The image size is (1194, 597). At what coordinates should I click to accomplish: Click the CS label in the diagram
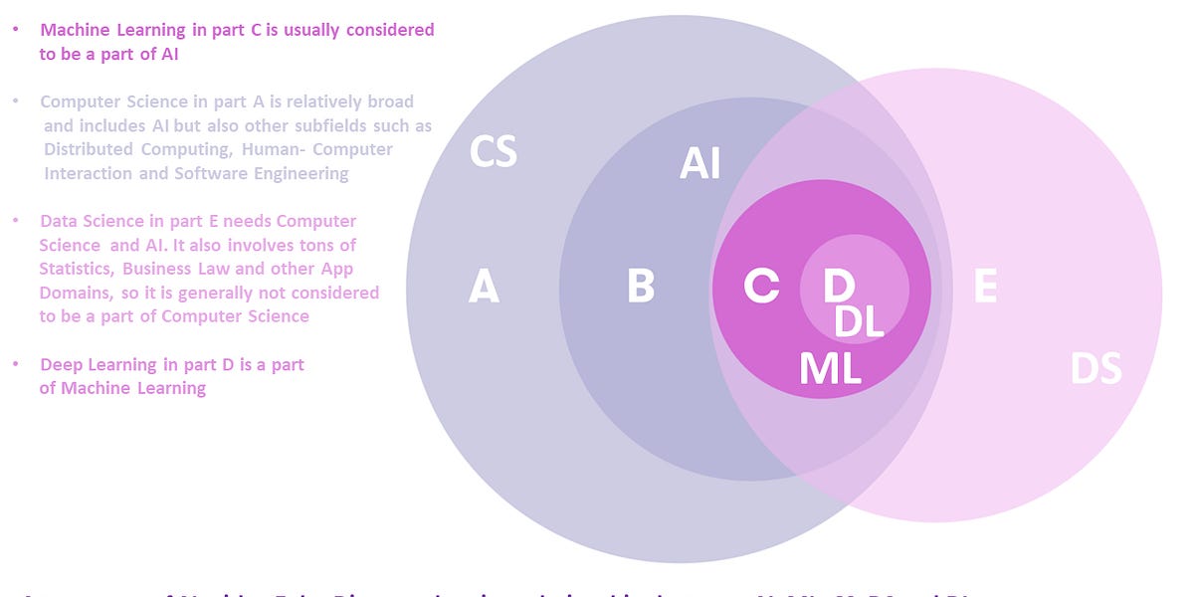tap(494, 153)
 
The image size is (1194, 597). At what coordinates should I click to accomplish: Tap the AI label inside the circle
tap(699, 164)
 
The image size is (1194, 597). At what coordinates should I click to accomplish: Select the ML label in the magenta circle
tap(830, 369)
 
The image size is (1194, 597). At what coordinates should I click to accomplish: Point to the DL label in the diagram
tap(859, 321)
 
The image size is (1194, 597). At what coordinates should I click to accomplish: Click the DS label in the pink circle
tap(1095, 369)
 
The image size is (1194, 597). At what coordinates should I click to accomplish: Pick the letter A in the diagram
tap(484, 288)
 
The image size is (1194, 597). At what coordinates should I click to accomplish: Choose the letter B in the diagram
tap(641, 287)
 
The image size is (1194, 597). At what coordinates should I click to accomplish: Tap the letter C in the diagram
tap(761, 287)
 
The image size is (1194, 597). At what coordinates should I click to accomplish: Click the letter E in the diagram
tap(985, 287)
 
